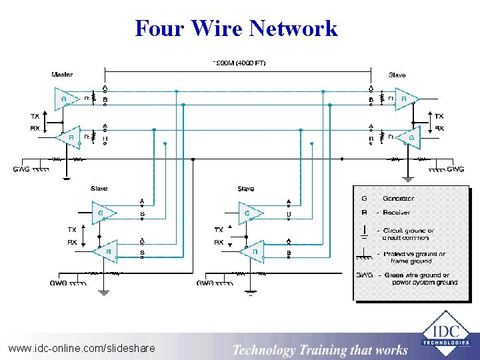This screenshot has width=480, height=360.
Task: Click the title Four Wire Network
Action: point(236,28)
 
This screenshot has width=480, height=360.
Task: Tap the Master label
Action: point(62,74)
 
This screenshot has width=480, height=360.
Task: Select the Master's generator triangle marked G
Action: point(66,99)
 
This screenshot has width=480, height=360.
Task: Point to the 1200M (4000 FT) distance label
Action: point(239,63)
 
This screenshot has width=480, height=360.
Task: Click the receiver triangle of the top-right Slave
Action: point(405,99)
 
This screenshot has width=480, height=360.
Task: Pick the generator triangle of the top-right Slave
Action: point(409,137)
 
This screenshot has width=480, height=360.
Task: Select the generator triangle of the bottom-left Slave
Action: point(102,213)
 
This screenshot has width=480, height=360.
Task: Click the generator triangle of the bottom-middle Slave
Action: point(249,213)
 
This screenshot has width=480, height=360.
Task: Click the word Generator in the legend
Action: point(398,198)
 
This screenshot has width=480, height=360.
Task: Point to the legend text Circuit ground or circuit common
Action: point(407,234)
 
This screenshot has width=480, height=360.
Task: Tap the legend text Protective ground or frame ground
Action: point(413,257)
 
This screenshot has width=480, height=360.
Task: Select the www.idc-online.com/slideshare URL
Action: point(81,348)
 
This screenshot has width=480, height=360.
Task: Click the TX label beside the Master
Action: point(35,116)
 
